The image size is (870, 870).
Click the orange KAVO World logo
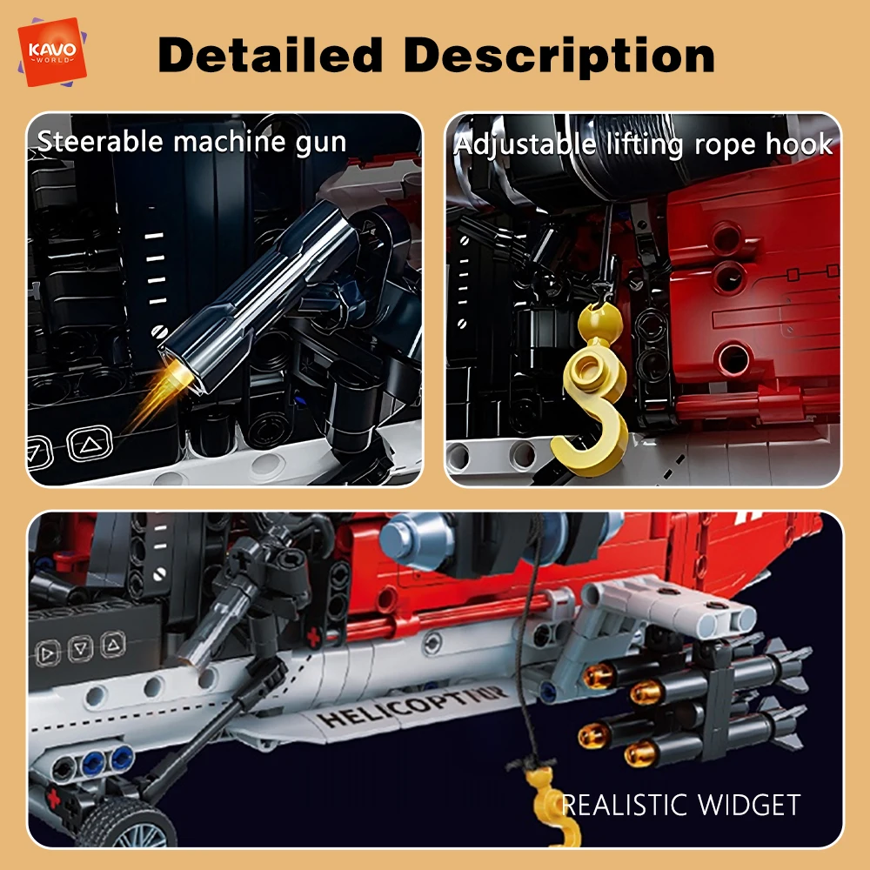pos(52,52)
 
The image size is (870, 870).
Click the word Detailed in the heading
pos(271,55)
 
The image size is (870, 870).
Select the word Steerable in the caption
pos(100,141)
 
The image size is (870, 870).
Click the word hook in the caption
pos(799,144)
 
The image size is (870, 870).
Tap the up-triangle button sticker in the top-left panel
pos(90,444)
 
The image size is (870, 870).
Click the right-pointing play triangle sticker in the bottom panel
pos(48,653)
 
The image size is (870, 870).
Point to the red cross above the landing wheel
pos(53,799)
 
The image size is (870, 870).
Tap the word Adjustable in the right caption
pos(525,144)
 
